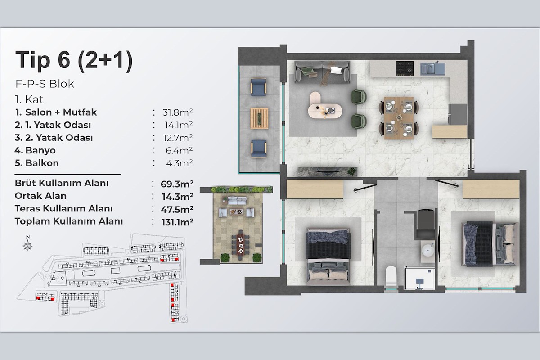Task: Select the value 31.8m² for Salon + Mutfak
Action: tap(177, 112)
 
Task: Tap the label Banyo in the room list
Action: tap(40, 150)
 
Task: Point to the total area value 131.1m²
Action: tap(177, 222)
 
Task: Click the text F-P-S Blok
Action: tap(45, 84)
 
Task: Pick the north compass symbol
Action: tap(28, 243)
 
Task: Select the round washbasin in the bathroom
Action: tap(428, 251)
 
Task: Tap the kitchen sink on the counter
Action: tap(433, 68)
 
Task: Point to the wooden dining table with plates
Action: tap(399, 118)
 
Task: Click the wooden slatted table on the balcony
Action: tap(259, 118)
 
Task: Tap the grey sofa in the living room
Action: tap(323, 72)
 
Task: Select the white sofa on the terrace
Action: tap(237, 201)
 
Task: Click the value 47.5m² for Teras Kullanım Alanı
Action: tap(177, 209)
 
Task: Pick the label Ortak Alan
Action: tap(40, 196)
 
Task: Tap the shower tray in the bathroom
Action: tap(420, 278)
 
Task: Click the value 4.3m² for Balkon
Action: tap(180, 163)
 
